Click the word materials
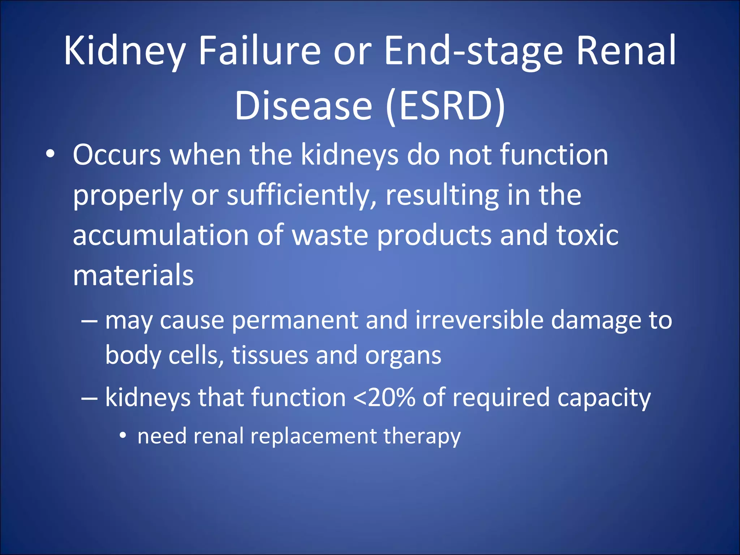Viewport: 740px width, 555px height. pyautogui.click(x=133, y=276)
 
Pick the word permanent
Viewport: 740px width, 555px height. pyautogui.click(x=294, y=321)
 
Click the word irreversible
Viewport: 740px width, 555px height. pyautogui.click(x=479, y=320)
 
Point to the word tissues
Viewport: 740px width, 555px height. pyautogui.click(x=270, y=356)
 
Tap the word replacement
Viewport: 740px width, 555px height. pyautogui.click(x=314, y=436)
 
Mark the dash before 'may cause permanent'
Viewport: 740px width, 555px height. pyautogui.click(x=89, y=321)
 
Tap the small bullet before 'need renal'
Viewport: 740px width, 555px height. pyautogui.click(x=123, y=436)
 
